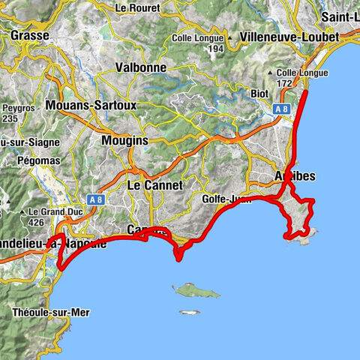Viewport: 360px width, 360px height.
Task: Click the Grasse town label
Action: tap(30, 35)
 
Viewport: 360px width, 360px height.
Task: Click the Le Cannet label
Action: tap(155, 184)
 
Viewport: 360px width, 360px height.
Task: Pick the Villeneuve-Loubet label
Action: tap(289, 36)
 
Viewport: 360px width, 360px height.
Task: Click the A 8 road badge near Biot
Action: tap(281, 109)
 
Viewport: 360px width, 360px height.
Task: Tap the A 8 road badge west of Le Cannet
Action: tap(94, 200)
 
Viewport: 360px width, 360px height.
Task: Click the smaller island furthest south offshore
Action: tap(189, 312)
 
